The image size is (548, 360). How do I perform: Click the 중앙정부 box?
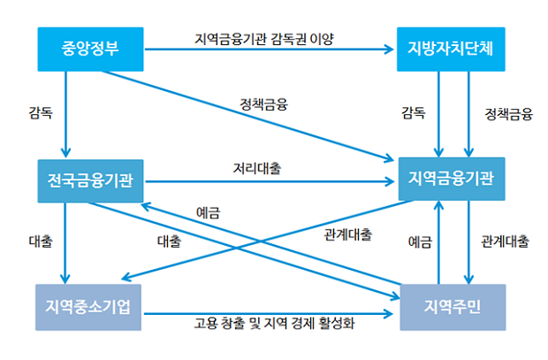pos(91,50)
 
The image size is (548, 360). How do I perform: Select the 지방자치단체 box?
pos(451,50)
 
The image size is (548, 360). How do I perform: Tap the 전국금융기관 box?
pos(91,181)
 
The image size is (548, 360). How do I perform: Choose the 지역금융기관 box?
pos(451,181)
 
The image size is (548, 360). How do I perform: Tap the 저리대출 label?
pos(257,167)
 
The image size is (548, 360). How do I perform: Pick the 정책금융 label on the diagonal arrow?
pos(263,103)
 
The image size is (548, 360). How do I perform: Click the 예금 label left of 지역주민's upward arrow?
pos(420,241)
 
